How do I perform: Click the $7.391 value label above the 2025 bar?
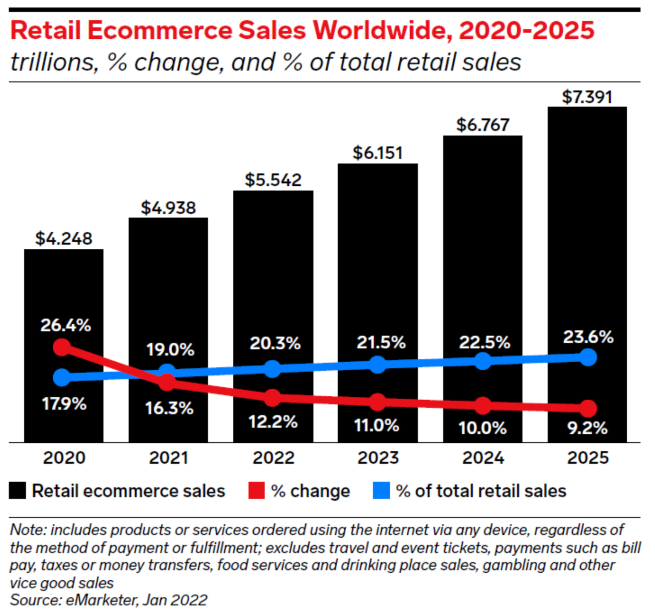tap(587, 97)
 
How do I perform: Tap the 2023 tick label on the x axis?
tap(378, 458)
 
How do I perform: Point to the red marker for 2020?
tap(62, 347)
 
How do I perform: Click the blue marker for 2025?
tap(588, 357)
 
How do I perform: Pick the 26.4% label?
tap(66, 326)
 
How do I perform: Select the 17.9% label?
tap(64, 403)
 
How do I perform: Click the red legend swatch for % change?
tap(256, 491)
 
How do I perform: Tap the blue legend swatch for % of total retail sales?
tap(381, 491)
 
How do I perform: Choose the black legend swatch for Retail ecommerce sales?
tap(17, 491)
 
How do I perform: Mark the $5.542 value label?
tap(273, 180)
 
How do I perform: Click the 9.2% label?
tap(587, 428)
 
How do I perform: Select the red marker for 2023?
tap(378, 402)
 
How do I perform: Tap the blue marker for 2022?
tap(272, 369)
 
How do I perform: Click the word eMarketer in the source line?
tap(101, 600)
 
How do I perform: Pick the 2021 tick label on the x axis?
tap(168, 458)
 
